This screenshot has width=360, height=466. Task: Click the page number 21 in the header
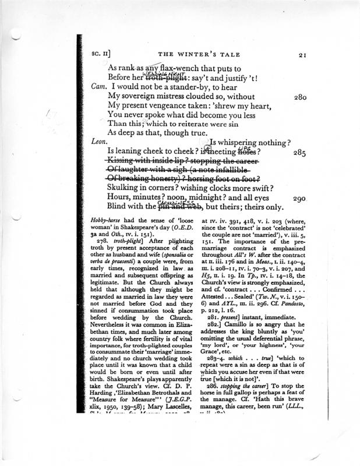click(302, 55)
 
